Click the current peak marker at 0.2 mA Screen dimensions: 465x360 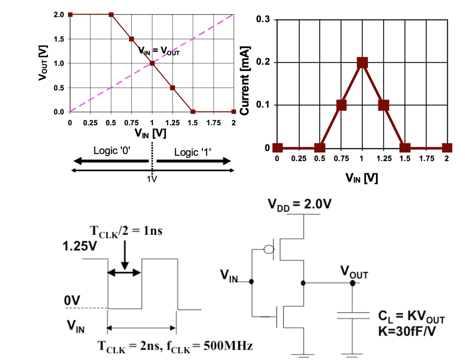pyautogui.click(x=362, y=63)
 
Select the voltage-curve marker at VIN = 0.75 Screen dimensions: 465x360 pyautogui.click(x=131, y=39)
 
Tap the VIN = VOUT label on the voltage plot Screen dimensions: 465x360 pyautogui.click(x=159, y=51)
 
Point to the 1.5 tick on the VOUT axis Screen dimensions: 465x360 pyautogui.click(x=59, y=39)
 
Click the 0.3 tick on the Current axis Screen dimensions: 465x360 pyautogui.click(x=263, y=19)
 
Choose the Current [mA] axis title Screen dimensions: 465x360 pyautogui.click(x=245, y=81)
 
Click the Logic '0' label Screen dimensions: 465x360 pyautogui.click(x=112, y=151)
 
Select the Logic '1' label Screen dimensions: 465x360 pyautogui.click(x=193, y=153)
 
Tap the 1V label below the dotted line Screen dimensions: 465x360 pyautogui.click(x=152, y=179)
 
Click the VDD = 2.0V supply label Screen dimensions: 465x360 pyautogui.click(x=300, y=204)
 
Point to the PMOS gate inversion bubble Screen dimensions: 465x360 pyautogui.click(x=269, y=249)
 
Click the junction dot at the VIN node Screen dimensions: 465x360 pyautogui.click(x=252, y=281)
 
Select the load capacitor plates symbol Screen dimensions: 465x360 pyautogui.click(x=353, y=316)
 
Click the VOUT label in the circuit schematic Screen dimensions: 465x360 pyautogui.click(x=354, y=272)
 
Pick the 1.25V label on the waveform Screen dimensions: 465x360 pyautogui.click(x=79, y=246)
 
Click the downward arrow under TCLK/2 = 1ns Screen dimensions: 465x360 pyautogui.click(x=125, y=255)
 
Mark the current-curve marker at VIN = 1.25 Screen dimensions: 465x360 pyautogui.click(x=383, y=105)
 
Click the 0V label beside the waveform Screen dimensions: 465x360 pyautogui.click(x=72, y=301)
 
